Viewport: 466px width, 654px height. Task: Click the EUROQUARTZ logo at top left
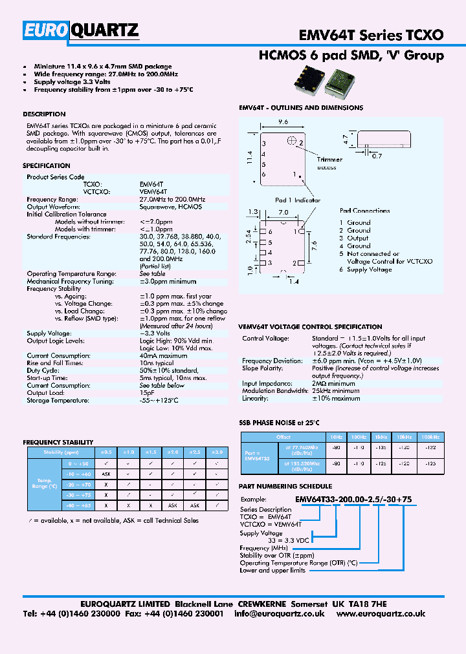click(x=81, y=30)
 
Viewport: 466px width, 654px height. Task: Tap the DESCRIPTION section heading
click(x=44, y=114)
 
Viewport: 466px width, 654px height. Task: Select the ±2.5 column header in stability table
click(x=195, y=452)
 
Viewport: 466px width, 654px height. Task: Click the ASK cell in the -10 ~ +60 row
click(x=105, y=474)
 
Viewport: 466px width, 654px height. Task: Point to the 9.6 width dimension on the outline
click(x=283, y=121)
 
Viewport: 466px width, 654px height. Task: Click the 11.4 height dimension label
click(x=250, y=158)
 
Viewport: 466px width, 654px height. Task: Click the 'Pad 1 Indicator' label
click(x=298, y=200)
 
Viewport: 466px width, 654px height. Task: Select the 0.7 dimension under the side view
click(x=377, y=156)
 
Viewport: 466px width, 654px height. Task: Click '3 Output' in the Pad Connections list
click(x=354, y=238)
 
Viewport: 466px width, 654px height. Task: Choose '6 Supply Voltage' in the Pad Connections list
click(x=366, y=269)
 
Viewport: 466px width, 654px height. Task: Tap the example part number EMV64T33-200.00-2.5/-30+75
click(x=353, y=498)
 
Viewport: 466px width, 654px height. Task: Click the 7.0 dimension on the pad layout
click(x=283, y=212)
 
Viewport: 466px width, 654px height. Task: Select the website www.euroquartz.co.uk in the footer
click(x=381, y=614)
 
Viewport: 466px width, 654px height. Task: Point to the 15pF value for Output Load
click(x=147, y=392)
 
